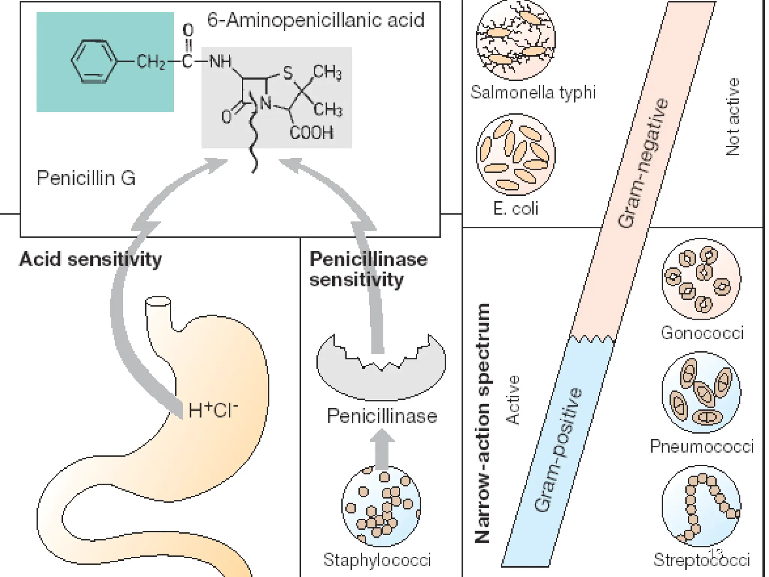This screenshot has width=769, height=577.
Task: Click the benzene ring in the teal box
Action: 93,61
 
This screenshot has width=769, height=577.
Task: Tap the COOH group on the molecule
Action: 311,133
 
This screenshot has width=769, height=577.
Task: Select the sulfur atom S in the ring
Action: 287,73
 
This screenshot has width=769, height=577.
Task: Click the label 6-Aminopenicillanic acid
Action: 315,20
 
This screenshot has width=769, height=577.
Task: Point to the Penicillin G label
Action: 86,178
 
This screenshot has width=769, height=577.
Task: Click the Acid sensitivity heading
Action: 90,259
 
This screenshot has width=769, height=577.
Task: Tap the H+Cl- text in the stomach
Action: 213,410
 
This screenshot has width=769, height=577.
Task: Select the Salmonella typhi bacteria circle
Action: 515,41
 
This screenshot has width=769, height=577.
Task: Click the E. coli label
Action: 516,208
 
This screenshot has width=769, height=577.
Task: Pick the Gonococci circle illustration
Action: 701,279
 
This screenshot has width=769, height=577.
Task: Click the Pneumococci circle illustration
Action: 701,393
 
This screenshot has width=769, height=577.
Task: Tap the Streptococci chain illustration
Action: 701,506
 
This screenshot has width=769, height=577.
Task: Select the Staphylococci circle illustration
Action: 381,506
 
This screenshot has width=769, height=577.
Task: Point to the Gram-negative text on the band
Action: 643,163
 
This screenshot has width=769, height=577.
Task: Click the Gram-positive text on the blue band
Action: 558,450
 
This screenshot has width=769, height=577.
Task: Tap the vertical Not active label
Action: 733,117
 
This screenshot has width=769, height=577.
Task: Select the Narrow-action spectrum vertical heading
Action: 482,423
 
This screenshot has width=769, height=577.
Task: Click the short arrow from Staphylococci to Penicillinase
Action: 382,449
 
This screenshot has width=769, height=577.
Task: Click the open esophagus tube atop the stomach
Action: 158,302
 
